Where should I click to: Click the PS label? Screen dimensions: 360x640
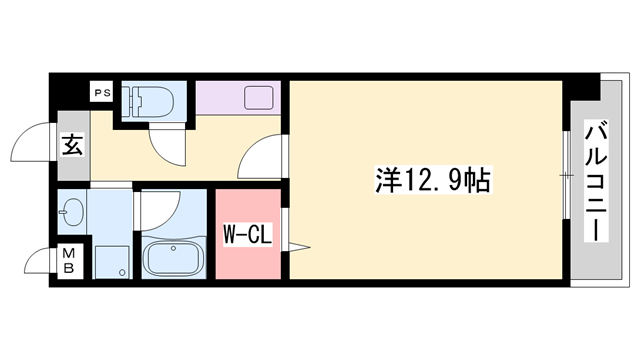coord(101,93)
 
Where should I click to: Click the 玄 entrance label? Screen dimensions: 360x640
coord(72,145)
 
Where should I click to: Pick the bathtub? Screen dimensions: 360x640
coord(174,258)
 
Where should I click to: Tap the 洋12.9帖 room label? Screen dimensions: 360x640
coord(432,182)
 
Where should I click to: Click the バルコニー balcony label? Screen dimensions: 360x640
coord(598,180)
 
